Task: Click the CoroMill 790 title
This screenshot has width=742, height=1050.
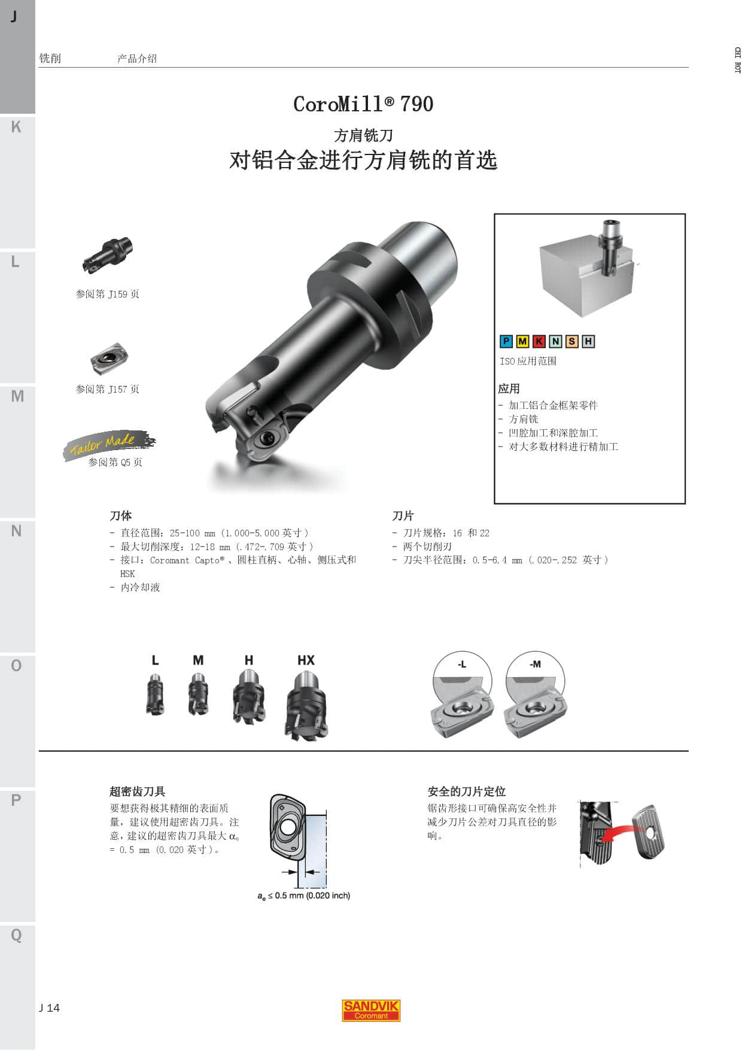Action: [363, 104]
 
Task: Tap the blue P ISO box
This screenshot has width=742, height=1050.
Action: [506, 341]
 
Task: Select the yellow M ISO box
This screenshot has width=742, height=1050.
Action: [522, 341]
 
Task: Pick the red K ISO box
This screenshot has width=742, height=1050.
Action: [539, 341]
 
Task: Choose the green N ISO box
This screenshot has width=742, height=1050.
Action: [555, 341]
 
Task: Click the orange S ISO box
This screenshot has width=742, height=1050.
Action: [572, 341]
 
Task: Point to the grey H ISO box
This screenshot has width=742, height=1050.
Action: [588, 341]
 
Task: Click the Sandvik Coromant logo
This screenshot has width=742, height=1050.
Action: [371, 1010]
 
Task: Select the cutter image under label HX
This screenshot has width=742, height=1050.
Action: [306, 705]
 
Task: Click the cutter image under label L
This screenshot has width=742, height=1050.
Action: [155, 694]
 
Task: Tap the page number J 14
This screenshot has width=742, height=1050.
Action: [50, 1008]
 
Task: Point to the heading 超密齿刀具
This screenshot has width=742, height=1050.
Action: [137, 791]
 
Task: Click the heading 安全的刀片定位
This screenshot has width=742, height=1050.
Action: [467, 791]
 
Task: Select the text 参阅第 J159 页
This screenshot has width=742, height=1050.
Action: [108, 294]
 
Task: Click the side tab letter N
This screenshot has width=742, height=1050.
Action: [16, 531]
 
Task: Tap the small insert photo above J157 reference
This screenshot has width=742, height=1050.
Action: [110, 358]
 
